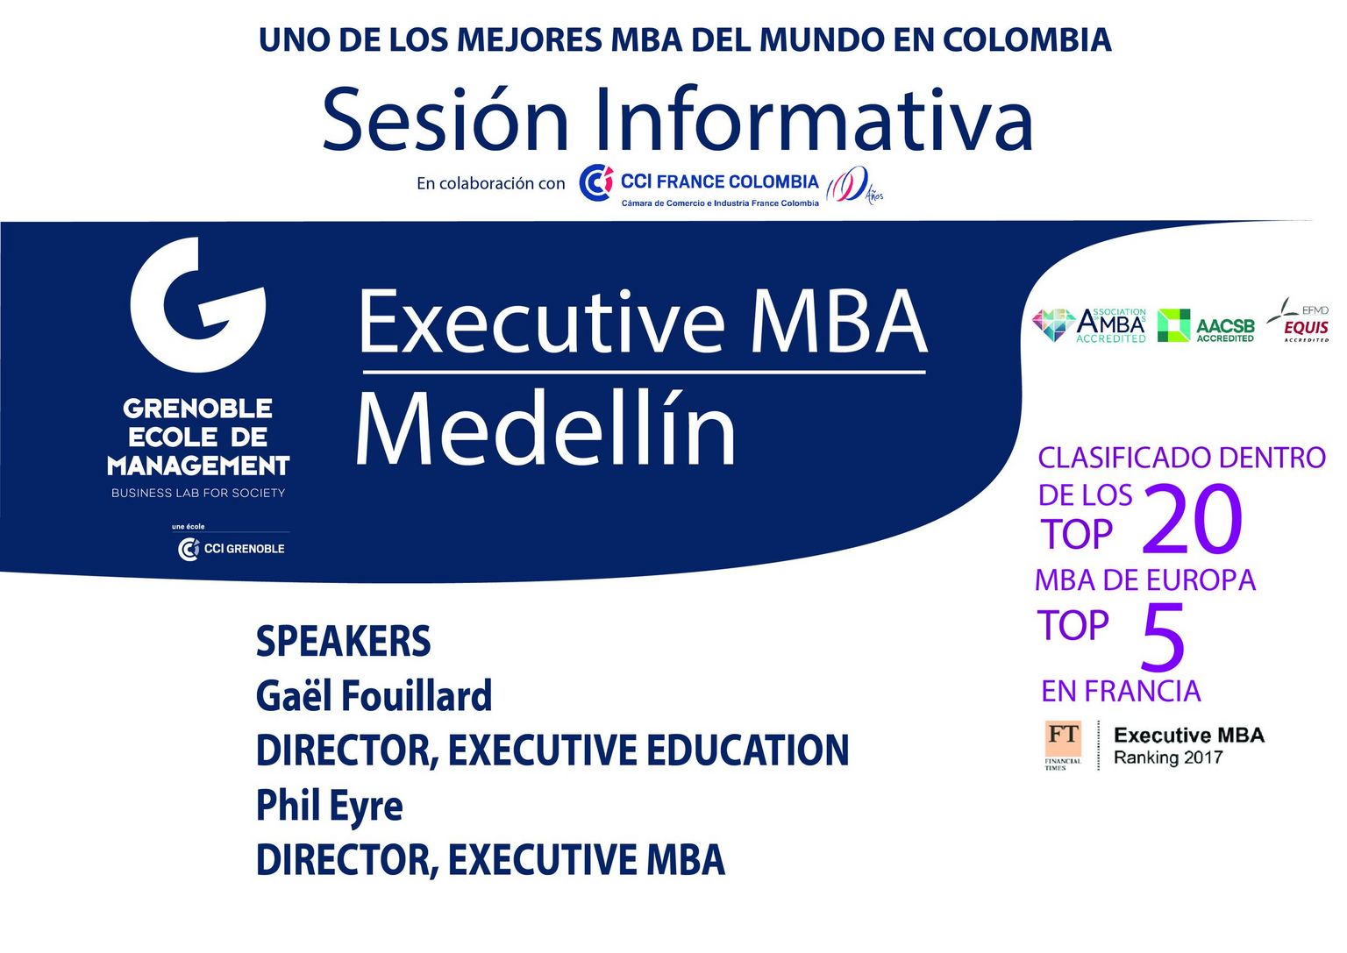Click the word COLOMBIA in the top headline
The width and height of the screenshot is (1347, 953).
point(1027,39)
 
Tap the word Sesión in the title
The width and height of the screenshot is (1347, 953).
point(445,118)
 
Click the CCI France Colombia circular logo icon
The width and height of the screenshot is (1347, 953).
point(596,182)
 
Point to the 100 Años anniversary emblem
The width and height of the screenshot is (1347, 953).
point(854,185)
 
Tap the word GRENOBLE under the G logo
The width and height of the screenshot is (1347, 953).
point(198,409)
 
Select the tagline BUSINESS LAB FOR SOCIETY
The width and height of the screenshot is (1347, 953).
point(198,493)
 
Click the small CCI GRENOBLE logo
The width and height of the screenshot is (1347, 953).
point(231,548)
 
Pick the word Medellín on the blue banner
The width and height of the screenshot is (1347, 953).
point(545,428)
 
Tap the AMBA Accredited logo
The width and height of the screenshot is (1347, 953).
point(1089,325)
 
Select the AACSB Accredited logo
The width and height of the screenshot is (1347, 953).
point(1207,326)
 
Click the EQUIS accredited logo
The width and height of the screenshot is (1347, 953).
point(1298,321)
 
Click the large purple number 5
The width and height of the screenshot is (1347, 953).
point(1163,637)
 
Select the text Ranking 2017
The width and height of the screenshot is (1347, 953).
point(1168,757)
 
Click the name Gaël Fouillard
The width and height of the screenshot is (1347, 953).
point(374,695)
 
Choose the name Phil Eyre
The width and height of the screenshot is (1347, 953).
point(330,806)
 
